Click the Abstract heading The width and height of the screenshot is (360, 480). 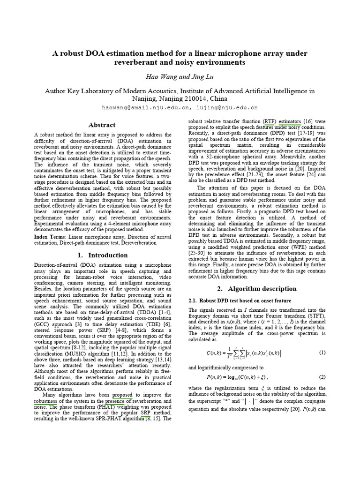point(102,125)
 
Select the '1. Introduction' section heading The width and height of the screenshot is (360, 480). point(102,255)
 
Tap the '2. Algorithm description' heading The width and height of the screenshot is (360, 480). point(256,289)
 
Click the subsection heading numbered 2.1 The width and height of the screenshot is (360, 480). point(240,300)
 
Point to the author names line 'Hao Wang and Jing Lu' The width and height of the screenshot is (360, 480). point(180,76)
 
